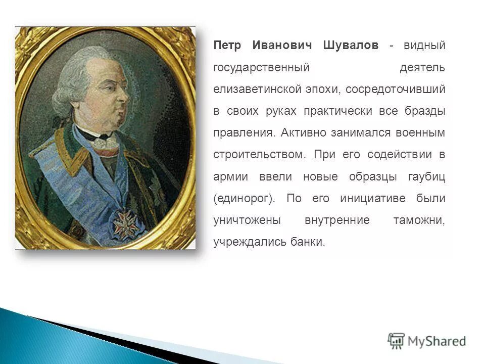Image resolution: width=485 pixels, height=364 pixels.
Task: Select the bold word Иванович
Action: (x=280, y=45)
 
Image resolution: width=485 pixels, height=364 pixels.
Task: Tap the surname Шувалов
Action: (x=350, y=45)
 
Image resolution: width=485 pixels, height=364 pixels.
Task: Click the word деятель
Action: (x=422, y=67)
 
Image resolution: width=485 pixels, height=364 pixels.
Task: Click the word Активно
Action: (x=303, y=133)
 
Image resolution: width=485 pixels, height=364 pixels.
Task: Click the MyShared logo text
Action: (x=437, y=341)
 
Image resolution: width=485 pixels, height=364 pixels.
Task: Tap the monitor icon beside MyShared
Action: (x=396, y=340)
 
